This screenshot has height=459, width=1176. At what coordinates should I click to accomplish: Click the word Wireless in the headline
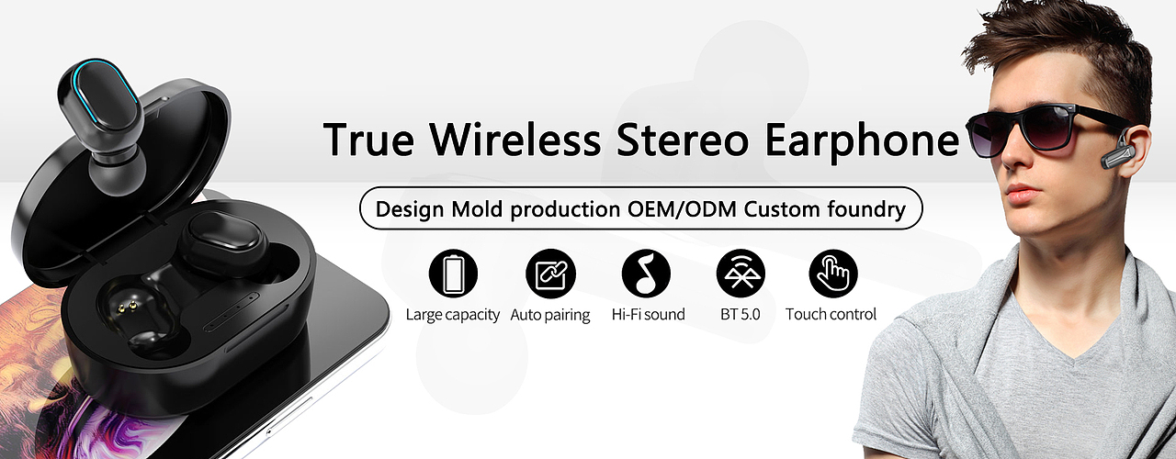tap(515, 139)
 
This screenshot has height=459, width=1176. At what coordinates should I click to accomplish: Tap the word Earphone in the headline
tap(862, 141)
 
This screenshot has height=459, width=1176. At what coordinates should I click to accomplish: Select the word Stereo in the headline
tap(682, 139)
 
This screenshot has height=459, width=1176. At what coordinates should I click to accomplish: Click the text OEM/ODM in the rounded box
tap(682, 208)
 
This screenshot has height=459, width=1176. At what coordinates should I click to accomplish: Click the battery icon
tap(453, 274)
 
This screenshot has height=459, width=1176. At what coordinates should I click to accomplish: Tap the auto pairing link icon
tap(550, 274)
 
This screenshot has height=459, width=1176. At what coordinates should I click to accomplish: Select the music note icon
tap(646, 274)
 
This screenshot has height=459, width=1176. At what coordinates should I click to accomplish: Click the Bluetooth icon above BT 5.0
tap(741, 274)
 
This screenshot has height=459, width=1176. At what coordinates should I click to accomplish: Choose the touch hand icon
tap(833, 274)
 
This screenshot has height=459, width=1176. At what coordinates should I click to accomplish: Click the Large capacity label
tap(453, 315)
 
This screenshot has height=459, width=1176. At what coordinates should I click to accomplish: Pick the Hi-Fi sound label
tap(649, 314)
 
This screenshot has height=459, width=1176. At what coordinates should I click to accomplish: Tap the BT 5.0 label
tap(741, 314)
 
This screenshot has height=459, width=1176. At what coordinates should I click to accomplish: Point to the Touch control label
tap(831, 314)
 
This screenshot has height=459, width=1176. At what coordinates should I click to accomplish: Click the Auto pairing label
tap(550, 315)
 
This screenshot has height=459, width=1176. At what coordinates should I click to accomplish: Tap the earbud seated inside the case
tap(223, 243)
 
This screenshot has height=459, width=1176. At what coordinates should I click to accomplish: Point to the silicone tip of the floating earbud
tap(117, 174)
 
